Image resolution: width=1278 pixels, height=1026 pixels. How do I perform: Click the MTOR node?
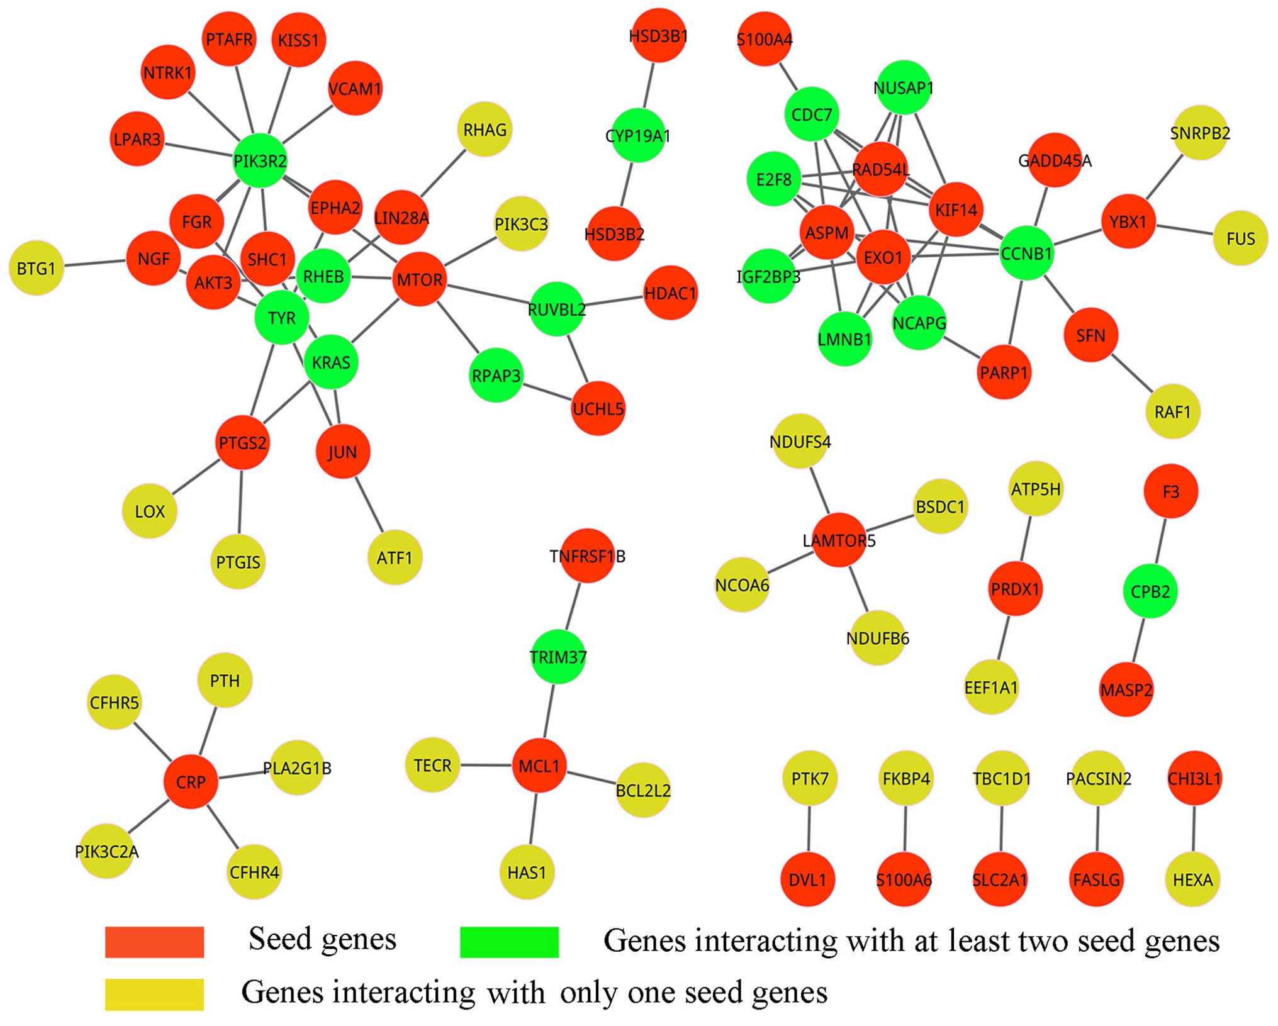coord(419,279)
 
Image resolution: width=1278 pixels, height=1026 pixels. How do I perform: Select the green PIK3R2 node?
coord(260,161)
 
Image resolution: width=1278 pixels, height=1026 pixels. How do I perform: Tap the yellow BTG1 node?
coord(36,269)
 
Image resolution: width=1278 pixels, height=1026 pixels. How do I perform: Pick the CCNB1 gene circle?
coord(1026,254)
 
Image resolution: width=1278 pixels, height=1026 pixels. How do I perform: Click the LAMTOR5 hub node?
coord(839,540)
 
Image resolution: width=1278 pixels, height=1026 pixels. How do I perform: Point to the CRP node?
coord(191,782)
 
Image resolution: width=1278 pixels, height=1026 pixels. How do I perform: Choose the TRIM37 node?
coord(558,657)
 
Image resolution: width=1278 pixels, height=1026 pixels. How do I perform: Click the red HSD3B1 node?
coord(658,36)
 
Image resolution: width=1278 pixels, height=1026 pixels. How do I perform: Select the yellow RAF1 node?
coord(1173,412)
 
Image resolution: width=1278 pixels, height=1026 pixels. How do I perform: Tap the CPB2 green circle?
coord(1150,591)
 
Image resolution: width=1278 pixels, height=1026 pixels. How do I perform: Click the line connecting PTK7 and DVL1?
coord(809,829)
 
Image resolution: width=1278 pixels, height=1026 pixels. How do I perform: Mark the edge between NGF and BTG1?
coord(95,263)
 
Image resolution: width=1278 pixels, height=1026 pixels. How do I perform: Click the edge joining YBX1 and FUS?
coord(1184,230)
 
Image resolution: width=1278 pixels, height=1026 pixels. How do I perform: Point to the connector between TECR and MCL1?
coord(486,766)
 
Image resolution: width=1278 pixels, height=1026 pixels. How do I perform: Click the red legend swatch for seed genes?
coord(154,942)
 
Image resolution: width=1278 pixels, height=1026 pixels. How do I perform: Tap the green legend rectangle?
coord(509,942)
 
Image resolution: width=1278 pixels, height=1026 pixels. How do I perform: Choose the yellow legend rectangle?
coord(154,995)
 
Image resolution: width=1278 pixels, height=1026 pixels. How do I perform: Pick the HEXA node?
coord(1192,879)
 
